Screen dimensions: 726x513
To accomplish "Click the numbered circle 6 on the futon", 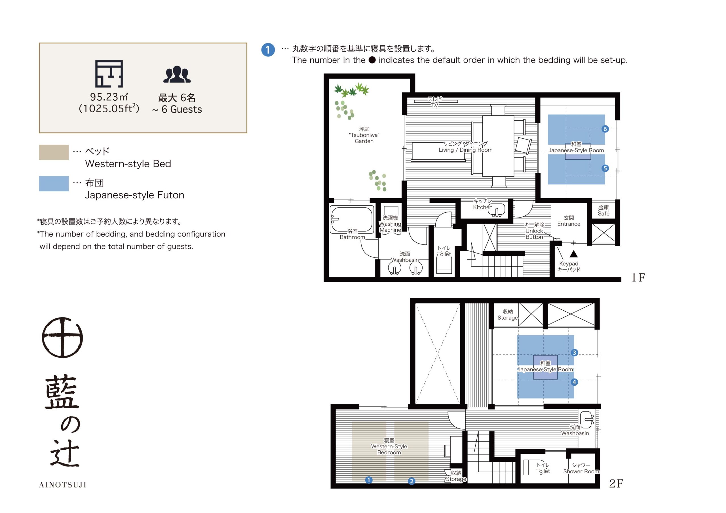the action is [605, 129].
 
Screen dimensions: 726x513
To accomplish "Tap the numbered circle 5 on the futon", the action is [605, 168].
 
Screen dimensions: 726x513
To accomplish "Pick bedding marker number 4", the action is [574, 382].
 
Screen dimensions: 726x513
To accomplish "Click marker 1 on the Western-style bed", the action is [368, 480].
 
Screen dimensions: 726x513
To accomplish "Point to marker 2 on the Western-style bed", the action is [411, 481].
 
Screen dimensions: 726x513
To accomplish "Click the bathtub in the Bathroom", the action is [352, 219].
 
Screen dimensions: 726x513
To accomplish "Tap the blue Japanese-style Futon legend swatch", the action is [54, 183].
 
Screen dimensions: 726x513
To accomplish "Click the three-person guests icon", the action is [177, 74].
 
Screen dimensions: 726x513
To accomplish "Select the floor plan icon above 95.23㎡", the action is [109, 74].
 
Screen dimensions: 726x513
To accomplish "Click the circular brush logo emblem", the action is [62, 337].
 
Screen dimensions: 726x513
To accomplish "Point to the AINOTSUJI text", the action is [63, 485].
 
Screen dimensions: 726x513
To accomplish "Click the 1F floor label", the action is [638, 277].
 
